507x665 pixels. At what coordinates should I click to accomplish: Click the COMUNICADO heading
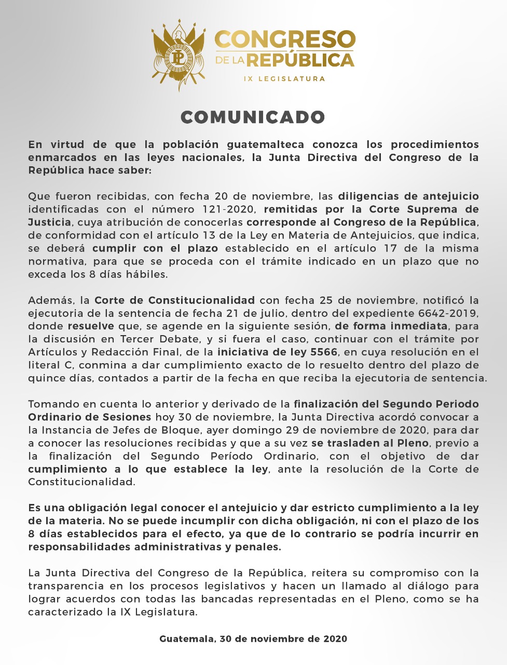coord(253,117)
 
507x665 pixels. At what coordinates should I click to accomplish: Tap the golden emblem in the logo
coord(179,54)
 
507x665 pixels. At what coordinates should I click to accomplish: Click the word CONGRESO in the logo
coord(285,40)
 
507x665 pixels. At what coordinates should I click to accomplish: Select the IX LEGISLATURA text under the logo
coord(284,79)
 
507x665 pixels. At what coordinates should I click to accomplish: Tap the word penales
coord(259,547)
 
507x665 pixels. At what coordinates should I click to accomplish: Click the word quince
coord(46,378)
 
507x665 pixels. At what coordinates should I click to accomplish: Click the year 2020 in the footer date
coord(335,639)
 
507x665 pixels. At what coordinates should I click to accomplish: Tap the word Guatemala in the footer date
coord(186,639)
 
